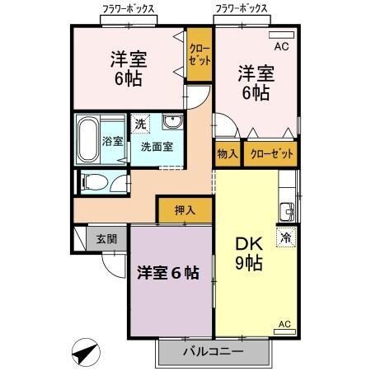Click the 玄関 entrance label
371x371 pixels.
[106, 239]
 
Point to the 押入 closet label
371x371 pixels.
[185, 211]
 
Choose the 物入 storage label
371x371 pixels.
[228, 154]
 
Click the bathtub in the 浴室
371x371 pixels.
[87, 139]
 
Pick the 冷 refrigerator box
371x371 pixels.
[285, 236]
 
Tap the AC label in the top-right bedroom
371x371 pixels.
[281, 46]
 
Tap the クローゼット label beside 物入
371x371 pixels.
[269, 154]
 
